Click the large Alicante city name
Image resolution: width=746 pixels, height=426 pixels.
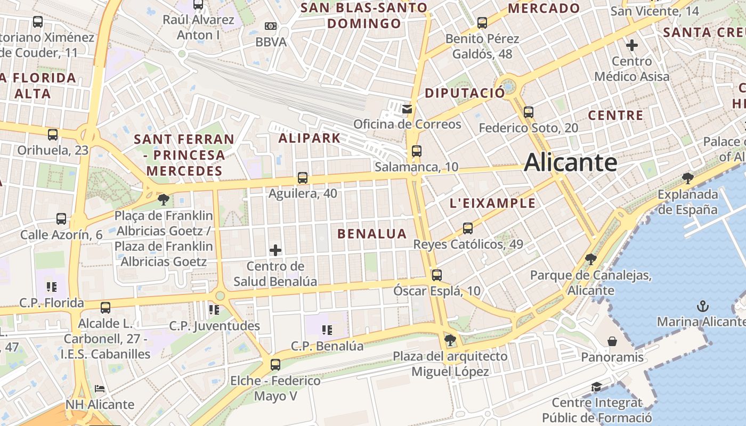[x=571, y=162]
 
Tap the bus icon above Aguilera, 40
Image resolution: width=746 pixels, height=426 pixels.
[x=303, y=178]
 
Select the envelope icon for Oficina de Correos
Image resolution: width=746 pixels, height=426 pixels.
[x=407, y=109]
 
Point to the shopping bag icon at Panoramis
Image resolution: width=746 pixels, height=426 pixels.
[x=612, y=341]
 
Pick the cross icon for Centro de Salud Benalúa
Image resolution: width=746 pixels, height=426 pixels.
[x=275, y=250]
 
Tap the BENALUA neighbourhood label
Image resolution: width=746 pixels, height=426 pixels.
[x=372, y=233]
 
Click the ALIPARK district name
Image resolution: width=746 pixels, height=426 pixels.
[x=310, y=138]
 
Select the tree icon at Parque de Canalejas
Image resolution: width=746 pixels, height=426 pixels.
[x=590, y=259]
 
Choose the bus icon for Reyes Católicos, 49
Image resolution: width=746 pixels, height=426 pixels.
[x=468, y=228]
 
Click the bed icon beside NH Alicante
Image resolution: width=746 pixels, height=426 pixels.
[x=100, y=389]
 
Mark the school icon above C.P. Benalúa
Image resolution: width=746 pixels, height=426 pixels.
[x=327, y=330]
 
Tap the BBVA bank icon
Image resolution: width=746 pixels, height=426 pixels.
[x=271, y=26]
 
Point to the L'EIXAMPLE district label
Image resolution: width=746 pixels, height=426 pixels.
[x=493, y=203]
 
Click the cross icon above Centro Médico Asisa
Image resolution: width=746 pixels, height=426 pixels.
[x=632, y=45]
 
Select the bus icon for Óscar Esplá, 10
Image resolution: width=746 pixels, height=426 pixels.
[x=437, y=275]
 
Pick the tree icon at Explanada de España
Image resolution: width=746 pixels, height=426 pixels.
[x=688, y=178]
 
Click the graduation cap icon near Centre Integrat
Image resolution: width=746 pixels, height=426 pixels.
[x=596, y=387]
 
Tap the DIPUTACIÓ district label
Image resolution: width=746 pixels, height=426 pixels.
[x=465, y=93]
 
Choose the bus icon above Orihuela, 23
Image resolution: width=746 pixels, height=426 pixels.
[x=53, y=134]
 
